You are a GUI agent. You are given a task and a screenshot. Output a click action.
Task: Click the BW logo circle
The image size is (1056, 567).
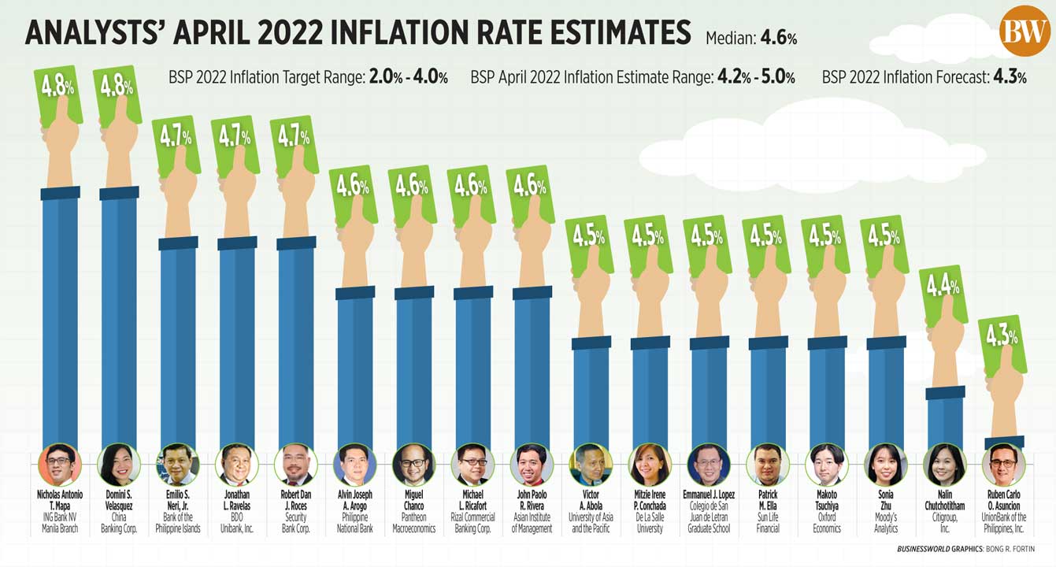(1025, 31)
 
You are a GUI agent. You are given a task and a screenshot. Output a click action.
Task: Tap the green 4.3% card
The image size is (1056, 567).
(1002, 343)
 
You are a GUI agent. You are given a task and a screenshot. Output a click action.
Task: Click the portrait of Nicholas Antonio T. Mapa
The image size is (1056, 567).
(60, 465)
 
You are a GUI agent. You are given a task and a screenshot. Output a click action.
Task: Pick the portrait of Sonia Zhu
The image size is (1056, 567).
(886, 465)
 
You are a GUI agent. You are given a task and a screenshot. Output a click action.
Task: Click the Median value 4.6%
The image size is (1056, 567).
(780, 38)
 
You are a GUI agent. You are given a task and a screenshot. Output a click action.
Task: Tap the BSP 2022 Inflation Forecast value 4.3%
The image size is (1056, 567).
(1010, 77)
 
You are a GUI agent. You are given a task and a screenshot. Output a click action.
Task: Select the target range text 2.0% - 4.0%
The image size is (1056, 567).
(408, 77)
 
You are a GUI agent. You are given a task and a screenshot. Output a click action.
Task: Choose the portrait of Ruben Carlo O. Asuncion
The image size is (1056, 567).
(1004, 465)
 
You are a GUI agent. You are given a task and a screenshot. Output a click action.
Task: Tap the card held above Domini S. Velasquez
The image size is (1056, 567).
(117, 93)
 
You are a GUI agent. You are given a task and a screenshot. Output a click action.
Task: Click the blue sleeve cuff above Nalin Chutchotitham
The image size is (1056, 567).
(945, 393)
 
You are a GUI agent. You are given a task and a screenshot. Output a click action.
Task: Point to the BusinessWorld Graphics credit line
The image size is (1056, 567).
(965, 549)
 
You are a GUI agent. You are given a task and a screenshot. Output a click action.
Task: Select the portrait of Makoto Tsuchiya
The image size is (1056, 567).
(827, 465)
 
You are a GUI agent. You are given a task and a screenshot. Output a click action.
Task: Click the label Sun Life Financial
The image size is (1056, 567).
(768, 523)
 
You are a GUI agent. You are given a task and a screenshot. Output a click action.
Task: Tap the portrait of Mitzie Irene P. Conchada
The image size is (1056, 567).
(650, 465)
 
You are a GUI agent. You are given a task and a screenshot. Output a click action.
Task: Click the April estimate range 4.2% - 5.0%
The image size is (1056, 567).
(755, 77)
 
